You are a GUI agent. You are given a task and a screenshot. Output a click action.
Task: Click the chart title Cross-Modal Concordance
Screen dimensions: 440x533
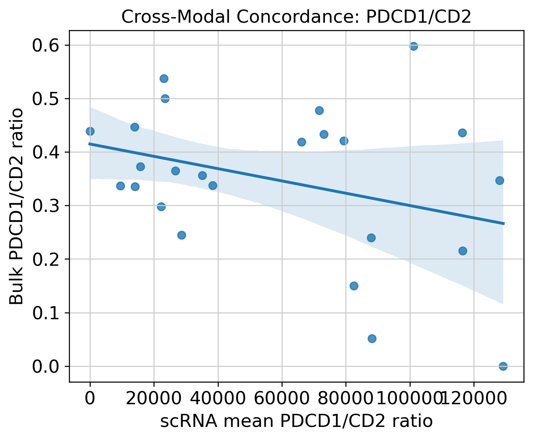tap(296, 17)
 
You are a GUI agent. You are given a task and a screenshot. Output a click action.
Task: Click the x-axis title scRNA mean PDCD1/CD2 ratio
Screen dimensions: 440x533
tap(296, 421)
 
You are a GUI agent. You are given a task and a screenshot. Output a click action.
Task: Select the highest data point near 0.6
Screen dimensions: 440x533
tap(413, 47)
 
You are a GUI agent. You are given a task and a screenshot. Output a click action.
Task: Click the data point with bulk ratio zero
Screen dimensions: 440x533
tap(503, 366)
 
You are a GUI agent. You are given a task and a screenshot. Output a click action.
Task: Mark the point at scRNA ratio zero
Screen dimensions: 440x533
tap(90, 132)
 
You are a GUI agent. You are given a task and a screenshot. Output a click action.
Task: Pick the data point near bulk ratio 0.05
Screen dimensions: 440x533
tap(372, 338)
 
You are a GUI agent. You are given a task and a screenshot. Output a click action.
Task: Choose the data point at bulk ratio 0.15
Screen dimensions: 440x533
tap(354, 286)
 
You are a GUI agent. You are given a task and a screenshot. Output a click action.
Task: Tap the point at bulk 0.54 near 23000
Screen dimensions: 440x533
tap(164, 78)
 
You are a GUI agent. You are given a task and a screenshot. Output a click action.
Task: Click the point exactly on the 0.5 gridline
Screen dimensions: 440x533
tap(165, 98)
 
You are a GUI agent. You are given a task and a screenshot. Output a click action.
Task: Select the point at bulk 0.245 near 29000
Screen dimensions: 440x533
tap(182, 235)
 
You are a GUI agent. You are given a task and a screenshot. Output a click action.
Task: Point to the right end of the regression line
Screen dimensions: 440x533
tap(503, 223)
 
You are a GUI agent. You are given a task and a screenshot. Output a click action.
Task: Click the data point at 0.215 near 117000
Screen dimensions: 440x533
tap(463, 251)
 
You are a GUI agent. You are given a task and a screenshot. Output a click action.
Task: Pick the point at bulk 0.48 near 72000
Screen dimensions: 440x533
tap(319, 110)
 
